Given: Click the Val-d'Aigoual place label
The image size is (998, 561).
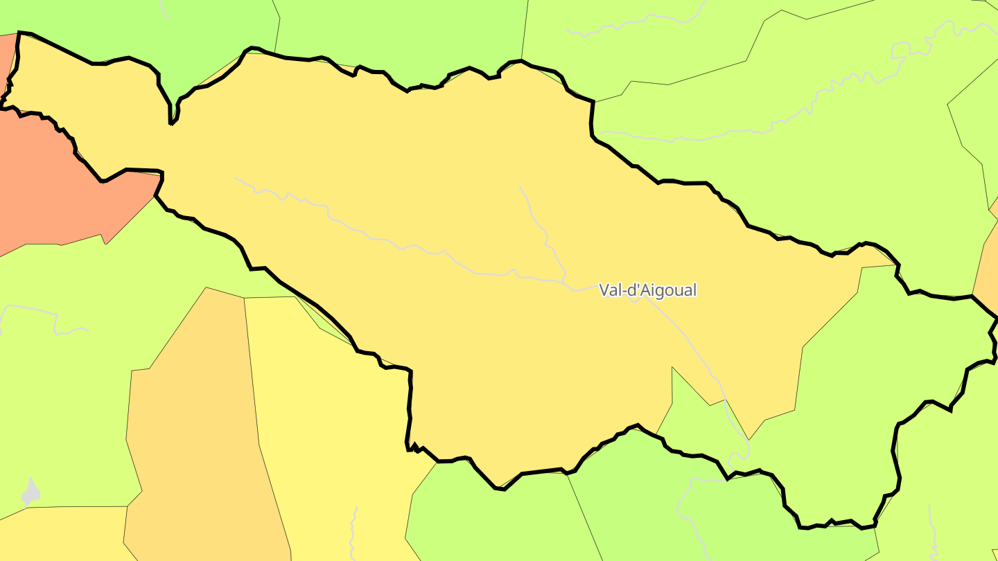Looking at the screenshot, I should pyautogui.click(x=647, y=290).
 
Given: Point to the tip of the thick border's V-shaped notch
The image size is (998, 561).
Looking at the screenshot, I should pyautogui.click(x=171, y=124).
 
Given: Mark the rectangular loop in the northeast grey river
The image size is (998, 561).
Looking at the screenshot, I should pyautogui.click(x=900, y=50).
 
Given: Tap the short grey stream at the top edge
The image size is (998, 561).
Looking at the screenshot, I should pyautogui.click(x=164, y=8).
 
